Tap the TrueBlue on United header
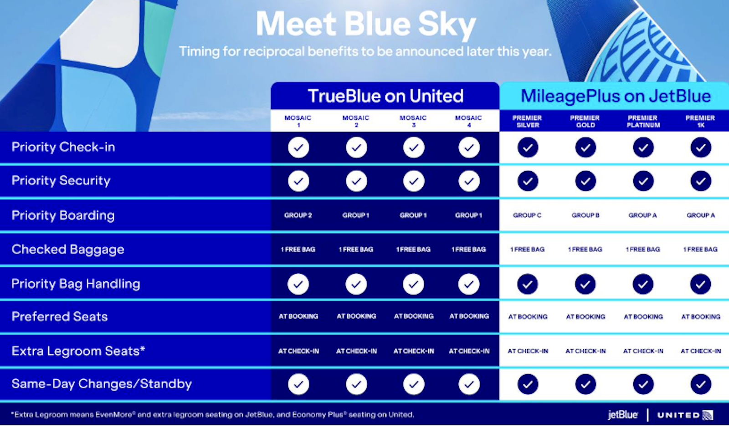(385, 96)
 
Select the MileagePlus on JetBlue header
(616, 96)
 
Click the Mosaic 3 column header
(413, 121)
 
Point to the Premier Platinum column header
(643, 121)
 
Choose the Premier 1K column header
(700, 121)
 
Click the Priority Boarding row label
(63, 215)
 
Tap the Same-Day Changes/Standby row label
(102, 384)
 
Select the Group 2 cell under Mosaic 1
(298, 215)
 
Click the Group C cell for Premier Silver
(527, 215)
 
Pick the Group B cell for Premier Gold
(585, 215)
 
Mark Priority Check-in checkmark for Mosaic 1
(298, 148)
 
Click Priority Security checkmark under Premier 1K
(700, 181)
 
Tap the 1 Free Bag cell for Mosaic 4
(469, 250)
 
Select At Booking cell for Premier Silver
(528, 316)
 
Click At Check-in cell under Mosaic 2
(356, 351)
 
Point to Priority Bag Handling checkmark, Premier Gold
(585, 284)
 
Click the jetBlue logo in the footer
(622, 415)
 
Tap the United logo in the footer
(685, 415)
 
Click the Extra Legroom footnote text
(212, 415)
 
